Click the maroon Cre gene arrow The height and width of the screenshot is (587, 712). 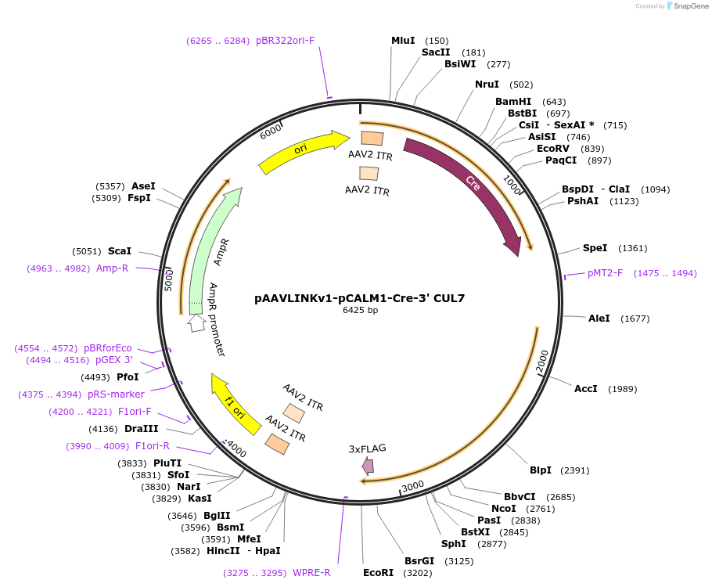click(x=473, y=184)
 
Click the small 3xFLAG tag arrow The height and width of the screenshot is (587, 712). click(x=368, y=466)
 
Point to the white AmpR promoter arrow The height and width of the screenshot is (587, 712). click(x=196, y=323)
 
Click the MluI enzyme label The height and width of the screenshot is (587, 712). click(x=403, y=41)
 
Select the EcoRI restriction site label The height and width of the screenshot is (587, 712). click(x=378, y=572)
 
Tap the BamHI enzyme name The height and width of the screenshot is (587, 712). click(x=513, y=101)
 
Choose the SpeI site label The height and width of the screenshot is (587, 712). click(x=595, y=247)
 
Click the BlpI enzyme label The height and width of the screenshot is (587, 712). click(x=541, y=470)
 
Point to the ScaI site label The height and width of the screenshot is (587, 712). click(x=120, y=250)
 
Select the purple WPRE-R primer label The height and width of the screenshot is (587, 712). click(x=311, y=572)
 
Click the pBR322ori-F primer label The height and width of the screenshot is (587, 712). click(x=285, y=41)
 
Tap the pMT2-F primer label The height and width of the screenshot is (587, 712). click(x=606, y=273)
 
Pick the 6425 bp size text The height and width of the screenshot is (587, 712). click(x=360, y=310)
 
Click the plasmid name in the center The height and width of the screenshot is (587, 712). click(x=360, y=298)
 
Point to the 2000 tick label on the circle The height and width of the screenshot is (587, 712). click(x=542, y=361)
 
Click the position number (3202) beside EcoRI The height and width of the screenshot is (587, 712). click(x=418, y=573)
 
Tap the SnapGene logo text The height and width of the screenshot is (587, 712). click(x=691, y=6)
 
